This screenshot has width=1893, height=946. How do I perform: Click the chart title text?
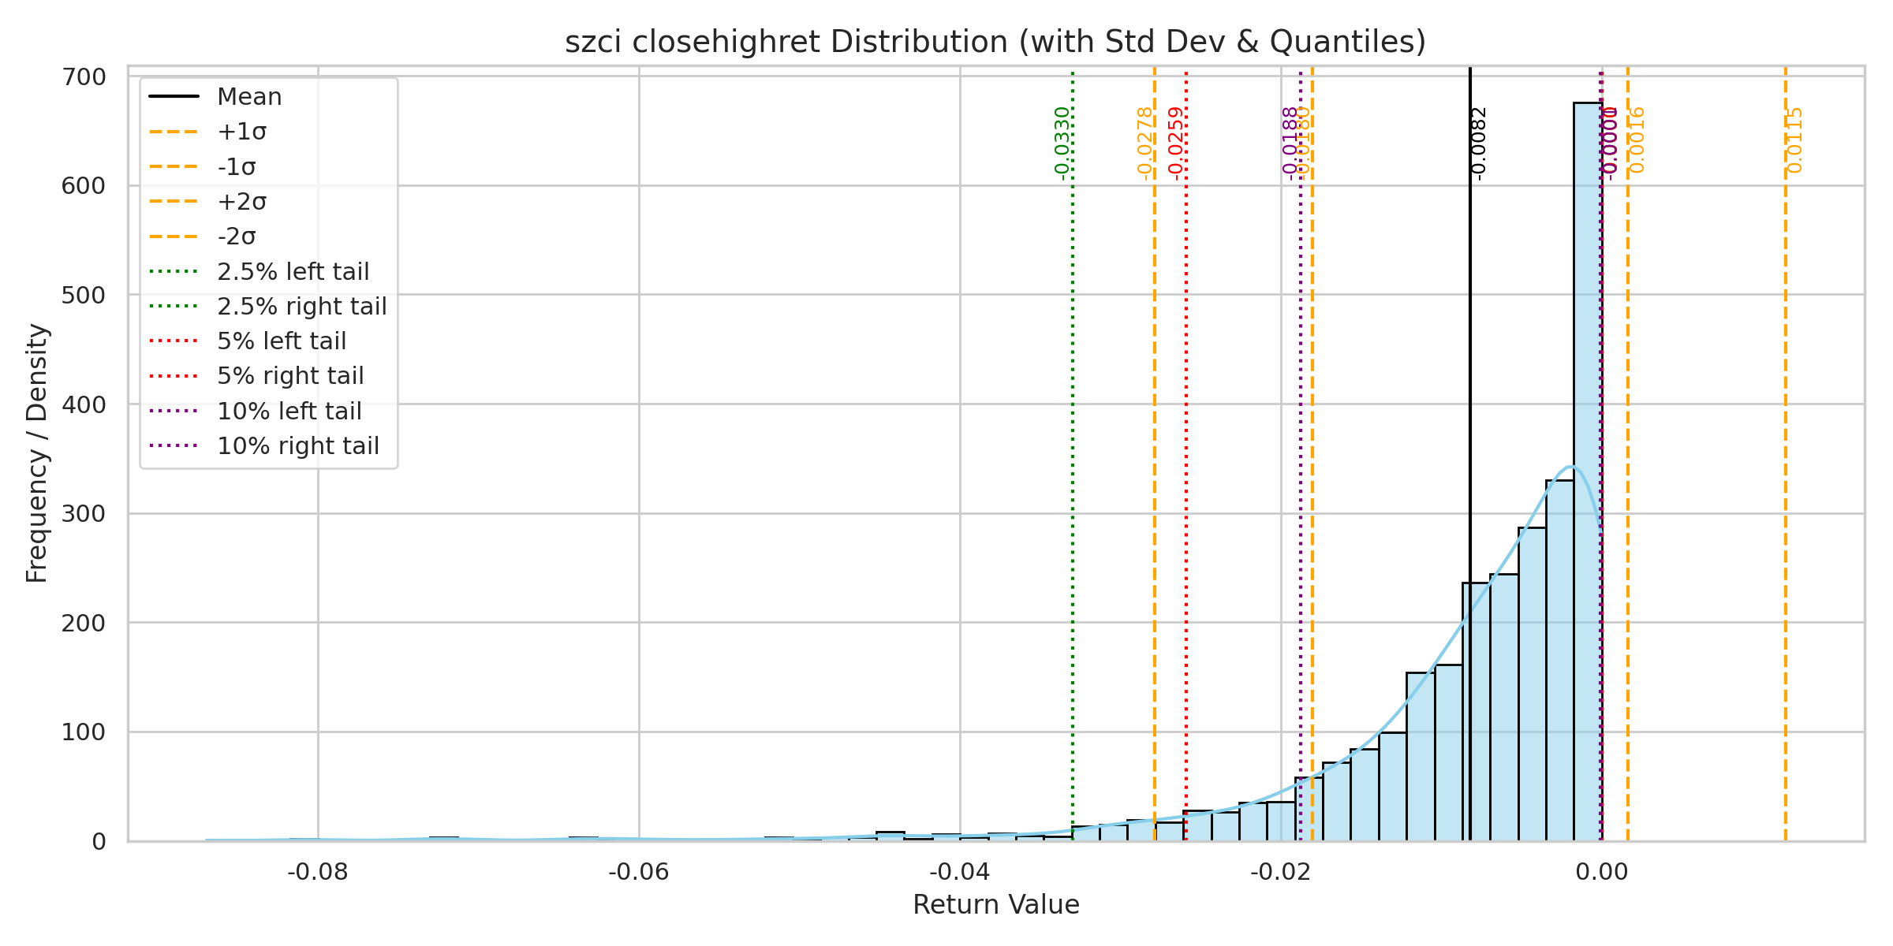pyautogui.click(x=995, y=42)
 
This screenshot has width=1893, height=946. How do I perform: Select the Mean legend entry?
pyautogui.click(x=249, y=97)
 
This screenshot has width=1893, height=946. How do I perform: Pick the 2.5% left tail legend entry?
pyautogui.click(x=293, y=272)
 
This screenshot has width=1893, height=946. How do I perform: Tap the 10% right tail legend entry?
pyautogui.click(x=297, y=446)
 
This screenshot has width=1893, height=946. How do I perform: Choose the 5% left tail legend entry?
pyautogui.click(x=282, y=341)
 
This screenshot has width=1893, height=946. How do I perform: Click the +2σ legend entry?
pyautogui.click(x=241, y=202)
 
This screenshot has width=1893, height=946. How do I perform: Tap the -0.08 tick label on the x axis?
pyautogui.click(x=318, y=872)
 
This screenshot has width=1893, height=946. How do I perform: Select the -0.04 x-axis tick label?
pyautogui.click(x=959, y=872)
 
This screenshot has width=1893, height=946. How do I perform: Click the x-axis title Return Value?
pyautogui.click(x=995, y=905)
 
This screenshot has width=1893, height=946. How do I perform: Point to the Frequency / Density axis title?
pyautogui.click(x=37, y=453)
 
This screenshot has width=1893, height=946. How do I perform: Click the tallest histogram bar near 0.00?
pyautogui.click(x=1587, y=473)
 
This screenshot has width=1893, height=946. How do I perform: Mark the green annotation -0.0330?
pyautogui.click(x=1062, y=142)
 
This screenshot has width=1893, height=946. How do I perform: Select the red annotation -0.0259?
pyautogui.click(x=1176, y=142)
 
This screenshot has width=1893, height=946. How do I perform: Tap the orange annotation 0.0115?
pyautogui.click(x=1794, y=140)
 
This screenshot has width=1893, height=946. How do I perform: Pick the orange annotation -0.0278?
pyautogui.click(x=1144, y=142)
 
